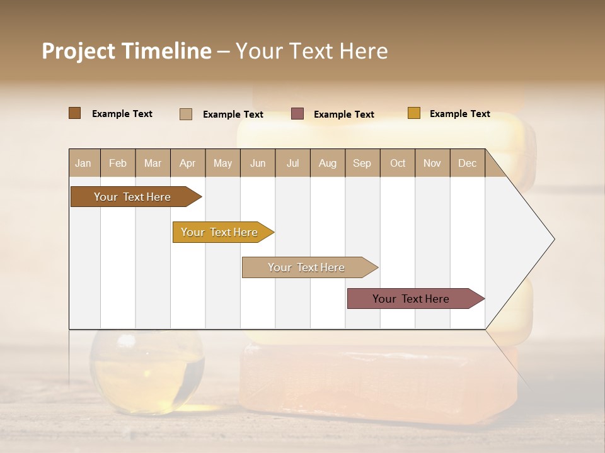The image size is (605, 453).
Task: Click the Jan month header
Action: click(x=83, y=164)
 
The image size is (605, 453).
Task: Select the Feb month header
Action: click(x=118, y=164)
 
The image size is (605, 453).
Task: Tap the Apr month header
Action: click(x=187, y=164)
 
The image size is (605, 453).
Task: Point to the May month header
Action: click(x=222, y=164)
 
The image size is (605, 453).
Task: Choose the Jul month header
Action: click(x=292, y=164)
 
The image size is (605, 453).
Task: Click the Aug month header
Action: click(x=327, y=164)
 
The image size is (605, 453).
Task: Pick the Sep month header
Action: click(x=362, y=164)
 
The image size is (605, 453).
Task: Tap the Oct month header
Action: click(x=398, y=164)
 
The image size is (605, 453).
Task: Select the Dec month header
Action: click(x=467, y=164)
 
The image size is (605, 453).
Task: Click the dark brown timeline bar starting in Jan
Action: click(x=133, y=197)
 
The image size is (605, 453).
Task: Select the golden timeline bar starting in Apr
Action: click(x=220, y=232)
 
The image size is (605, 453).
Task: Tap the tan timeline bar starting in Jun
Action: click(x=307, y=267)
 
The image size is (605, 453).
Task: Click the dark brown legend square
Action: click(x=74, y=113)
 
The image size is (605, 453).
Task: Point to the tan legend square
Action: click(x=186, y=114)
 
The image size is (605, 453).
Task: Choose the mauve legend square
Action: click(x=297, y=114)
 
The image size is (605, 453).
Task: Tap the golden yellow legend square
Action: click(x=413, y=113)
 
